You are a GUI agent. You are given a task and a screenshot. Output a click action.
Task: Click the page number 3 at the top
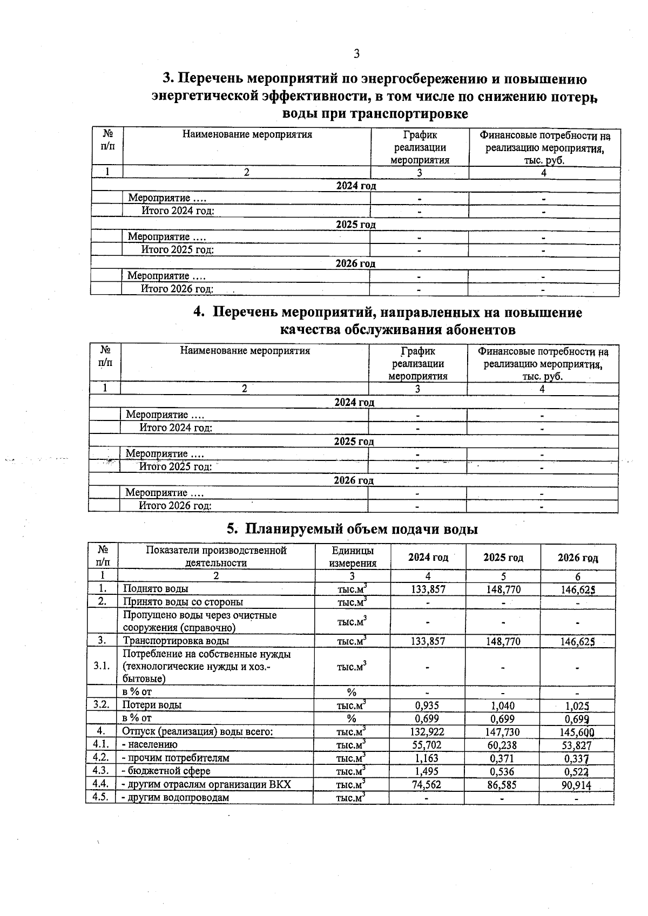point(356,53)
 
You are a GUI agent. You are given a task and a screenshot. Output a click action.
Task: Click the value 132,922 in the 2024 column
point(428,731)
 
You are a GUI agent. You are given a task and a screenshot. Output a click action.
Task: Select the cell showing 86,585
point(502,784)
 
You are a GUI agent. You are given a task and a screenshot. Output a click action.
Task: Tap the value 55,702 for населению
point(427,745)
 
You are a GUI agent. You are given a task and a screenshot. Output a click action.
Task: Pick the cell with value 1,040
point(503,705)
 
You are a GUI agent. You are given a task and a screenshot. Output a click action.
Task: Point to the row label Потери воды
point(152,705)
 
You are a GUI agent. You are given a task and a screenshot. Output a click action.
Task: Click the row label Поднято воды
point(156,589)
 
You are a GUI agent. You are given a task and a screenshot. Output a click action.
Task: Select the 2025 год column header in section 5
point(503,557)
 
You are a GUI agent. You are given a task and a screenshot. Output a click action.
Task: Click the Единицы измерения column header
point(352,557)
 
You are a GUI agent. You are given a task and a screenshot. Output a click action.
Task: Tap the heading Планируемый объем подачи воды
point(361,528)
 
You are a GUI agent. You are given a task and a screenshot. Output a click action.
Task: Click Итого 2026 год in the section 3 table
point(177,289)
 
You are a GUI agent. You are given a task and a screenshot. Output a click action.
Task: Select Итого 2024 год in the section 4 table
point(175,428)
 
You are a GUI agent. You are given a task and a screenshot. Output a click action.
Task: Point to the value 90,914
point(576,785)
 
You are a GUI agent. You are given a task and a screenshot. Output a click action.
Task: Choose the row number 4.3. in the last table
point(101,771)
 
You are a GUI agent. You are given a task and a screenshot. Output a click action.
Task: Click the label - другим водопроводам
point(175,797)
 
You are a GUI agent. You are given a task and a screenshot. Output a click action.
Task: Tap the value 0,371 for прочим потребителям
point(503,758)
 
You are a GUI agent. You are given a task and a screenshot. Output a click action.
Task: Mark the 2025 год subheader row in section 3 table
point(355,224)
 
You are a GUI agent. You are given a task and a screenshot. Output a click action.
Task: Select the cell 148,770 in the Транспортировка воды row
point(503,641)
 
